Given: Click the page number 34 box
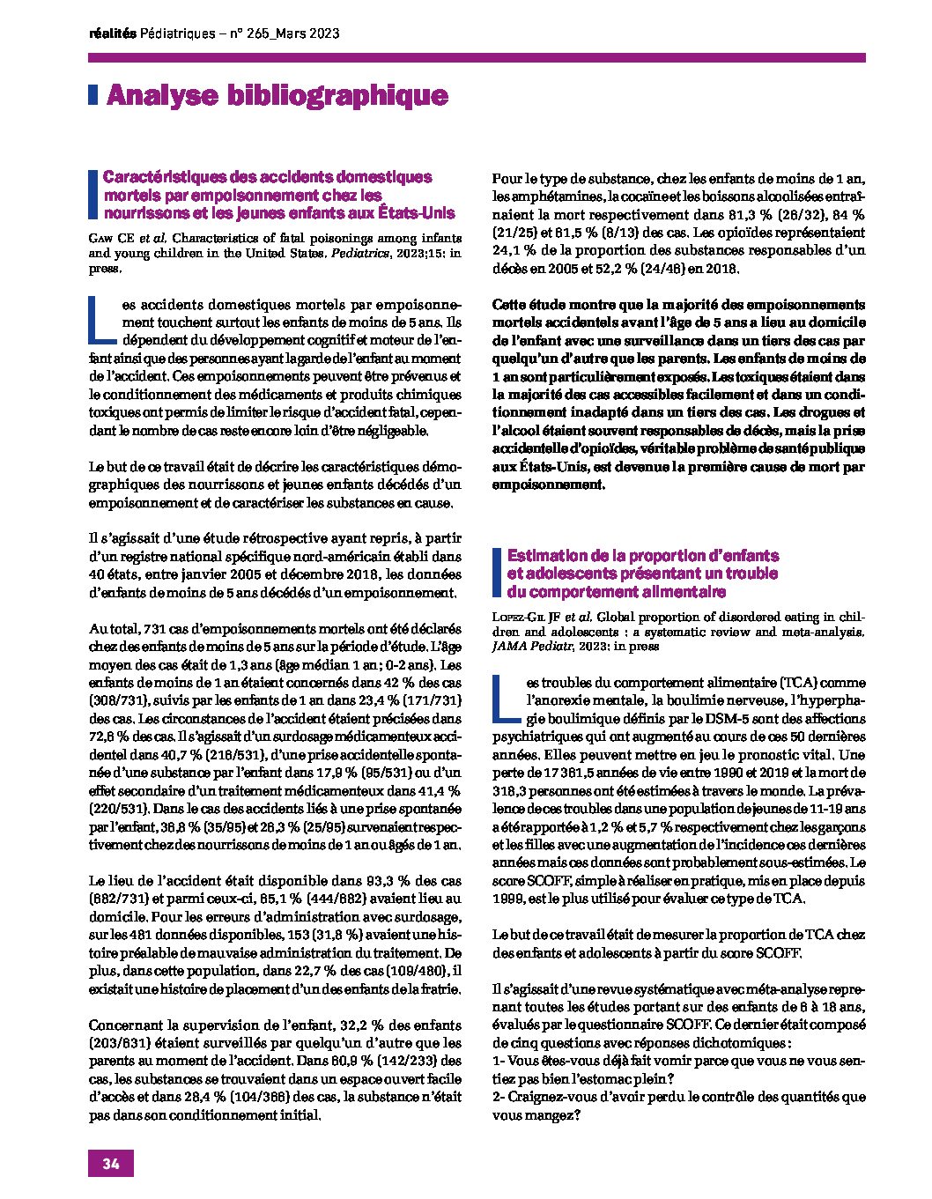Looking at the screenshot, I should coord(110,1163).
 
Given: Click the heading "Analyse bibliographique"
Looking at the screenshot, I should coord(277,95).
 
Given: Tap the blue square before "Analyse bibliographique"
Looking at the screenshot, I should coord(92,95).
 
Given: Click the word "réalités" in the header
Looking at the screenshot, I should coord(113,33).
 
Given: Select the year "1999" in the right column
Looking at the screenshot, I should coord(510,899).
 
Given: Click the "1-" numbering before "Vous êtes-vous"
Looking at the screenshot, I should coord(498,1062).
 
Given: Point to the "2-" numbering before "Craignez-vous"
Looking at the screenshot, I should coord(499,1098).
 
